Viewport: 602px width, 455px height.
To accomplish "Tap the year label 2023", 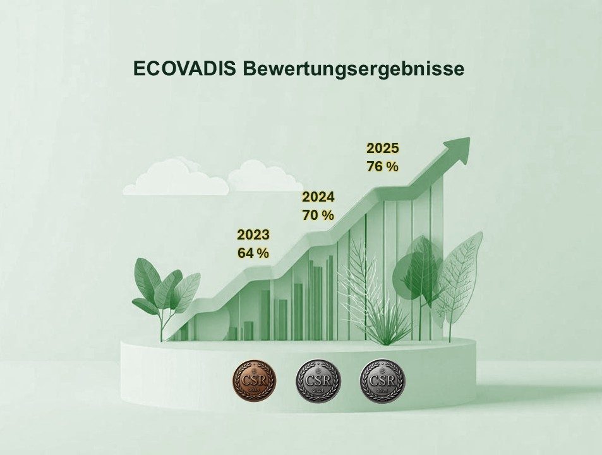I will click(x=253, y=235).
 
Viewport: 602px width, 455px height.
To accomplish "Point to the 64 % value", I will click(x=253, y=253).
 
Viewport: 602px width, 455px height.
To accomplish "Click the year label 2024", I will click(x=318, y=197).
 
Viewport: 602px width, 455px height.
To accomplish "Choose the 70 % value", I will click(x=318, y=215).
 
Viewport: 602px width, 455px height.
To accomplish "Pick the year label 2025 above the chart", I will click(x=383, y=149).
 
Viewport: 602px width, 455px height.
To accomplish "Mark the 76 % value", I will click(x=382, y=167).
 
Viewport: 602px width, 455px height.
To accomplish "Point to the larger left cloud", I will click(x=174, y=179).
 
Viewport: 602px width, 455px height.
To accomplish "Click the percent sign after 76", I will click(x=393, y=167).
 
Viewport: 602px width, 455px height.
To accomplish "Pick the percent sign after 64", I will click(x=263, y=253).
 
